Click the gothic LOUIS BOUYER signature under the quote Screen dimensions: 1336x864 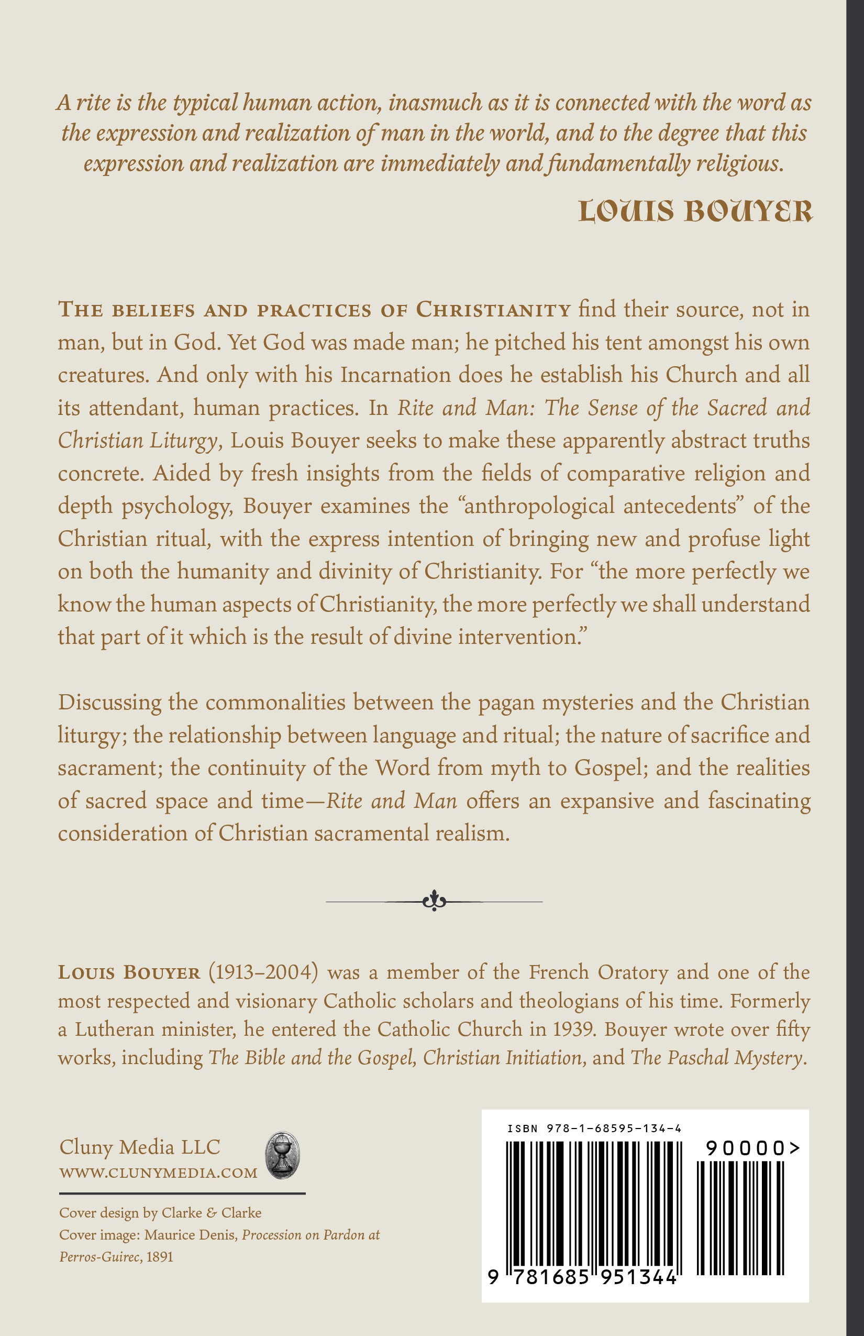pos(694,212)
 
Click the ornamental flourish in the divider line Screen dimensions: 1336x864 pos(434,901)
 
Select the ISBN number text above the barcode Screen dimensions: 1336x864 pos(594,1129)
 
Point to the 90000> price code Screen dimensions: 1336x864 pos(752,1148)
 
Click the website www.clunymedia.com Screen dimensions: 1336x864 pos(158,1173)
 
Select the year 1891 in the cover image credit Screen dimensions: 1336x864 pos(159,1256)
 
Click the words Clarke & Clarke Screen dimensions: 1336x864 pos(211,1212)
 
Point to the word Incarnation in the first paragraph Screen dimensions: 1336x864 pos(395,375)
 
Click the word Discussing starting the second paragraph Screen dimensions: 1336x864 pos(102,702)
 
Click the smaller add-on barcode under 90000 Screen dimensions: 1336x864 pos(740,1218)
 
